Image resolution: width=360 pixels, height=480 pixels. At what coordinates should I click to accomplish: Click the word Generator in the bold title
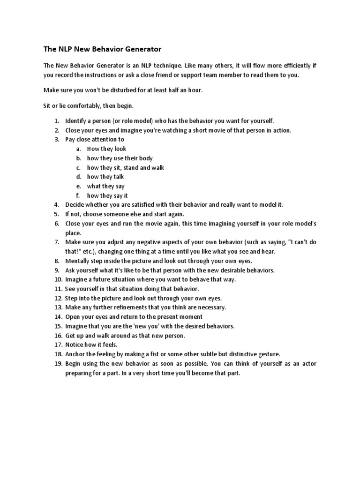click(x=139, y=49)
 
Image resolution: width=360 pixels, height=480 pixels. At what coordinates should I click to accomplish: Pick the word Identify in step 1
click(x=75, y=121)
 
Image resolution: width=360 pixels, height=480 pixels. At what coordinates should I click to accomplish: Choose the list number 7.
click(x=56, y=242)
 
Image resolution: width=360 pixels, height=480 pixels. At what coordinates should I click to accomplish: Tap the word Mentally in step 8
click(x=78, y=261)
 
